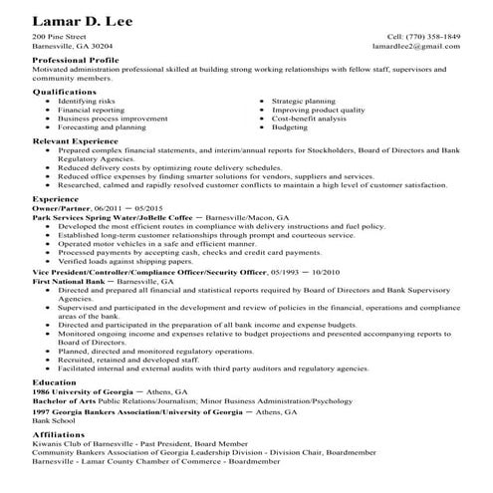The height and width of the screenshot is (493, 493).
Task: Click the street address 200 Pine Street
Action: [57, 36]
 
